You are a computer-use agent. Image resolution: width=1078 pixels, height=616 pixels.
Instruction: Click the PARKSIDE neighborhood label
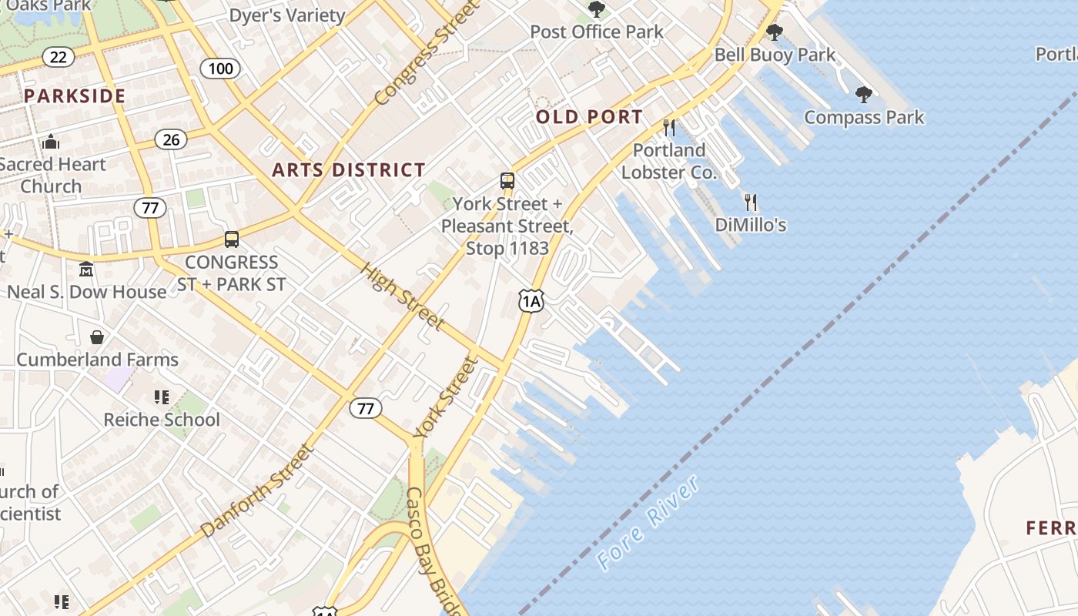tap(74, 96)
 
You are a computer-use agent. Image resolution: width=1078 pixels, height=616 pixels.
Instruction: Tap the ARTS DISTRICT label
tap(349, 170)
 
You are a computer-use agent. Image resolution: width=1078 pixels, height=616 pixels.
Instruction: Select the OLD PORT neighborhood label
tap(589, 117)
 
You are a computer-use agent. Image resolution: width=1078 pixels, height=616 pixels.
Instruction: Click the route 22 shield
tap(59, 57)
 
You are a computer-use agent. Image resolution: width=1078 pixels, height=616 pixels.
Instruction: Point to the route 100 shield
tap(220, 69)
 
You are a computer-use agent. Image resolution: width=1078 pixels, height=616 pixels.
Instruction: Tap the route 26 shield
tap(171, 139)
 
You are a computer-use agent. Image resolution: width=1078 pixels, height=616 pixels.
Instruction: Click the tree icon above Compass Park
tap(864, 95)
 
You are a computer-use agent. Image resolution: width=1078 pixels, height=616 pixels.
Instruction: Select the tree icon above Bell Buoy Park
tap(775, 32)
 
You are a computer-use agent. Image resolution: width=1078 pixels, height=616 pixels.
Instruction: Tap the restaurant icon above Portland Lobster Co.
tap(669, 127)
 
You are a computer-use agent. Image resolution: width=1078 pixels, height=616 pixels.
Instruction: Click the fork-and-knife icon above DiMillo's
tap(751, 203)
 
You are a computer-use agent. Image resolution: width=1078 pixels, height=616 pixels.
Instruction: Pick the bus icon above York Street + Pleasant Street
tap(507, 182)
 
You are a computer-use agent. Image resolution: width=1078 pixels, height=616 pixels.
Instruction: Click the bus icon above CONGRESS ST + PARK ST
tap(232, 239)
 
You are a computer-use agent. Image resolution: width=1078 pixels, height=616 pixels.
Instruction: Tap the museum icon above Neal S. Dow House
tap(86, 269)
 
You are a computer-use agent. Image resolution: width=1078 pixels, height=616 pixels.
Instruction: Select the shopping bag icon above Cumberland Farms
tap(97, 337)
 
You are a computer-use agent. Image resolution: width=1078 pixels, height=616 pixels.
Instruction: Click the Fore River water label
tap(649, 523)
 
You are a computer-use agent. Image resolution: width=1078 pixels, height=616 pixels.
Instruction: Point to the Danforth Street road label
tap(258, 490)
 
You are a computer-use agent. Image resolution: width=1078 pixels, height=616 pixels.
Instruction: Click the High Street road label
tap(402, 297)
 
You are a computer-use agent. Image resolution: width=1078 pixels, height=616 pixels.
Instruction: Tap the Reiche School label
tap(162, 420)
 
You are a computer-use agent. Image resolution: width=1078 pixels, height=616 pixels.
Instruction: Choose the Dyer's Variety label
tap(287, 15)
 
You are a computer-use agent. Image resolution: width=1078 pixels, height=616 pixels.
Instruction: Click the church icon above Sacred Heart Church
tap(52, 142)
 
